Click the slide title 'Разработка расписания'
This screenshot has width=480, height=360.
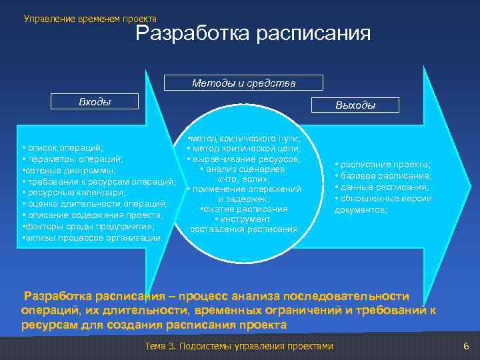pyautogui.click(x=253, y=33)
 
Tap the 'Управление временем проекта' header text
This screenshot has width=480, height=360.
pyautogui.click(x=90, y=19)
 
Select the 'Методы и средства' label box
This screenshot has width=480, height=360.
pyautogui.click(x=243, y=83)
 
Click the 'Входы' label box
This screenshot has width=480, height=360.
pyautogui.click(x=95, y=102)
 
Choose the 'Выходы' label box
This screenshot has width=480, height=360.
pyautogui.click(x=355, y=105)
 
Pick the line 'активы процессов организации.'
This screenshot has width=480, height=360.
pyautogui.click(x=92, y=237)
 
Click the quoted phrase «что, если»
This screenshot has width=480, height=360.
pyautogui.click(x=243, y=179)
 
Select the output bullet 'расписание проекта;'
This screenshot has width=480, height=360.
pyautogui.click(x=383, y=164)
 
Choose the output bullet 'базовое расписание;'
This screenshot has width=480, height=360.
pyautogui.click(x=383, y=175)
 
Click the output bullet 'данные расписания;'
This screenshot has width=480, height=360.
pyautogui.click(x=381, y=187)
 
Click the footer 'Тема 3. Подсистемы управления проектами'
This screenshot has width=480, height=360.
pyautogui.click(x=238, y=347)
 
